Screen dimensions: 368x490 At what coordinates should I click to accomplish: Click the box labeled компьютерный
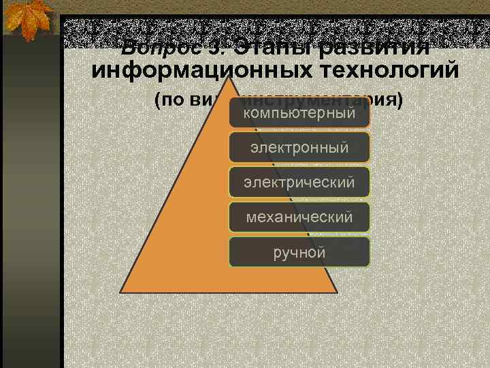[x=299, y=112]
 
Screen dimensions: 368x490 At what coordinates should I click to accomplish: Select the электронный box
[x=299, y=147]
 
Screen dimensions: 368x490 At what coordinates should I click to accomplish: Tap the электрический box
[x=299, y=182]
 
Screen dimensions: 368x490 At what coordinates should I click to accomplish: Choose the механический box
[x=299, y=217]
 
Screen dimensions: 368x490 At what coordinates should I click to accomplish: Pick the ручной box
[x=299, y=252]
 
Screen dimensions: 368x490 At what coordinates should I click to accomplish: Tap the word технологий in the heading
[x=391, y=70]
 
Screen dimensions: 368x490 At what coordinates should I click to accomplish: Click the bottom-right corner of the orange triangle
[x=338, y=291]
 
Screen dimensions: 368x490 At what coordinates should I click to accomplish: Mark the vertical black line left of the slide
[x=62, y=204]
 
